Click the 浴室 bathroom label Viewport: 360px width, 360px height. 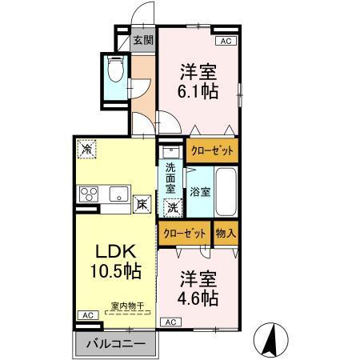click(200, 192)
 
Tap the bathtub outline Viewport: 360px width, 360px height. click(226, 191)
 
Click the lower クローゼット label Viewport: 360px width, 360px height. click(184, 233)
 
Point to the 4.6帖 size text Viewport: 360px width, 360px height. click(198, 298)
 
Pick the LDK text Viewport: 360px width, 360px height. click(111, 250)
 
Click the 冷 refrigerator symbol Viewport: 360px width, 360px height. click(87, 148)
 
